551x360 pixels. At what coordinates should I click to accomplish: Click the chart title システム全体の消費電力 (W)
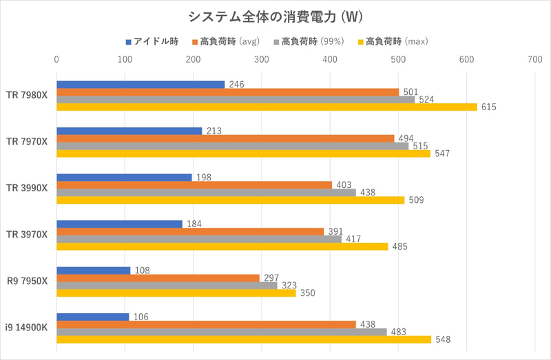pyautogui.click(x=275, y=16)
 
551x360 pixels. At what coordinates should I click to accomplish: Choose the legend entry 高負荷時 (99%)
pyautogui.click(x=316, y=41)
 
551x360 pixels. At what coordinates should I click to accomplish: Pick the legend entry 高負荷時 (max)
pyautogui.click(x=397, y=41)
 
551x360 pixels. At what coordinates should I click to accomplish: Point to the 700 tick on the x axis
pyautogui.click(x=534, y=61)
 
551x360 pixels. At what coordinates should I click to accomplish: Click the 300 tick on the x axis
pyautogui.click(x=261, y=61)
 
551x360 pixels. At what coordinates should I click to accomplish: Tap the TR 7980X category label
pyautogui.click(x=27, y=96)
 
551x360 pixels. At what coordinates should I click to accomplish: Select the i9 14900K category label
pyautogui.click(x=27, y=328)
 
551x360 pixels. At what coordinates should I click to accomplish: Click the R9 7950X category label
pyautogui.click(x=27, y=281)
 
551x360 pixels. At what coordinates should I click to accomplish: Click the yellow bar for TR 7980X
pyautogui.click(x=266, y=107)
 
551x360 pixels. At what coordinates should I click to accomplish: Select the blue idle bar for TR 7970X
pyautogui.click(x=129, y=131)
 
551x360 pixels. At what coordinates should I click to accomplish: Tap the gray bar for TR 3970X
pyautogui.click(x=198, y=239)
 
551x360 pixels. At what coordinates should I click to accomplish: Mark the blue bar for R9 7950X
pyautogui.click(x=93, y=270)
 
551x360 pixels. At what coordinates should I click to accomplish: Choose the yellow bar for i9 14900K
pyautogui.click(x=243, y=339)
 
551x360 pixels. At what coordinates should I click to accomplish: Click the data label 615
pyautogui.click(x=489, y=107)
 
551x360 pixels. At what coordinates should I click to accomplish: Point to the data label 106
pyautogui.click(x=138, y=317)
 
